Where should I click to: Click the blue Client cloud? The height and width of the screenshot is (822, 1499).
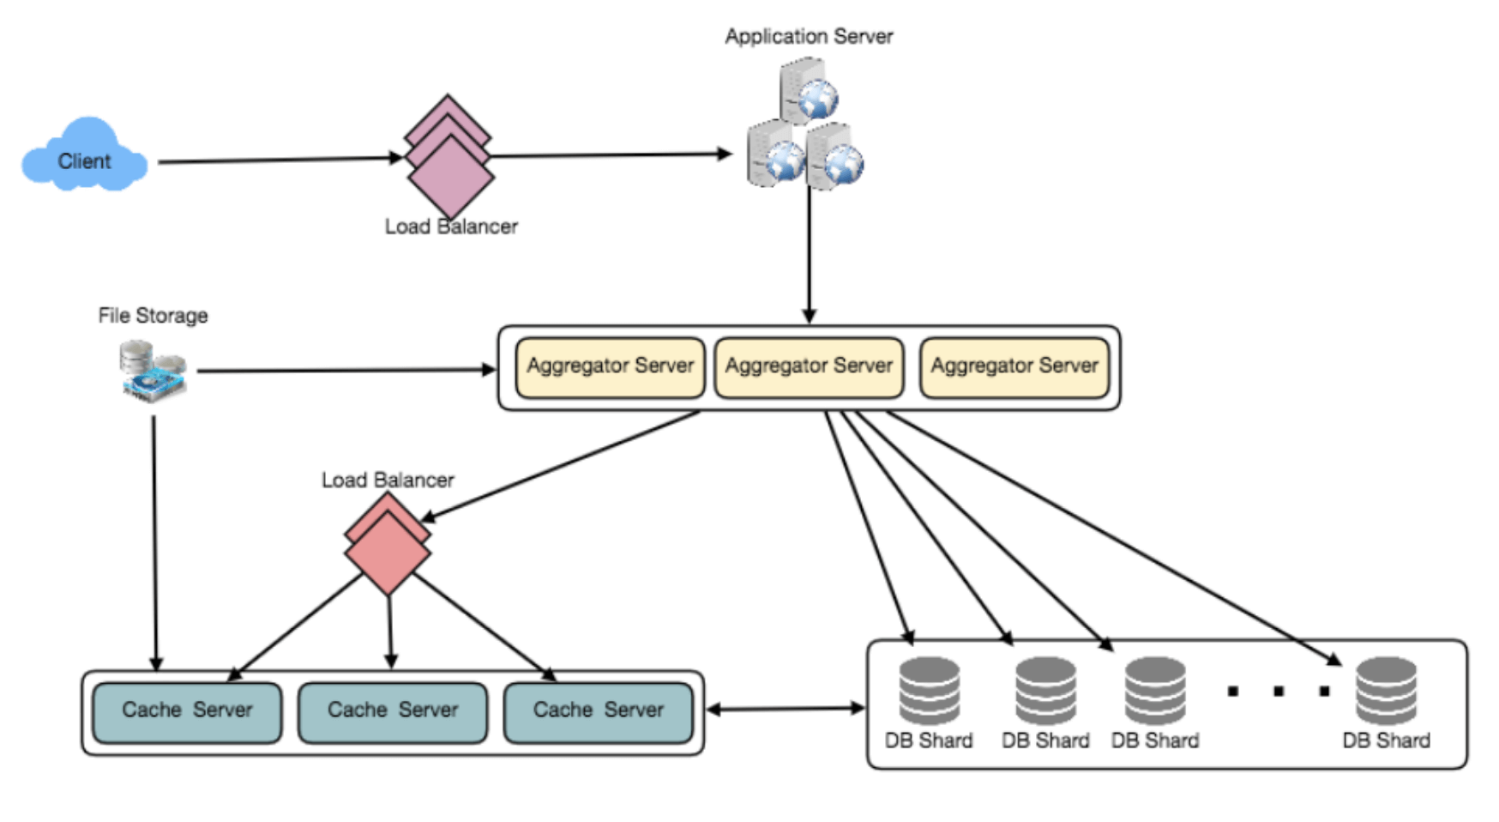(84, 157)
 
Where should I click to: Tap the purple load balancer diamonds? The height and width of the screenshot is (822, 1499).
(448, 158)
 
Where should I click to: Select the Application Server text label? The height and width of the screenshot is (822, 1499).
(809, 36)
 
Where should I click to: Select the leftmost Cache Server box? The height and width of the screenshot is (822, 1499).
(187, 711)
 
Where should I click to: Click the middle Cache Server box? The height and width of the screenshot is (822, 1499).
(393, 711)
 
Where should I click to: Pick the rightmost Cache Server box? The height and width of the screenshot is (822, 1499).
(598, 711)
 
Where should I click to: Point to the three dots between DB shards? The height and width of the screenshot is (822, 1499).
(1278, 691)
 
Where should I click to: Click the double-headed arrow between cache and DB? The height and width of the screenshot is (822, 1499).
(785, 709)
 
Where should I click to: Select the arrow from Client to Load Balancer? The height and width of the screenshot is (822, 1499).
(279, 160)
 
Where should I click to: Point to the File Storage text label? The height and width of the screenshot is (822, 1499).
(153, 316)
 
